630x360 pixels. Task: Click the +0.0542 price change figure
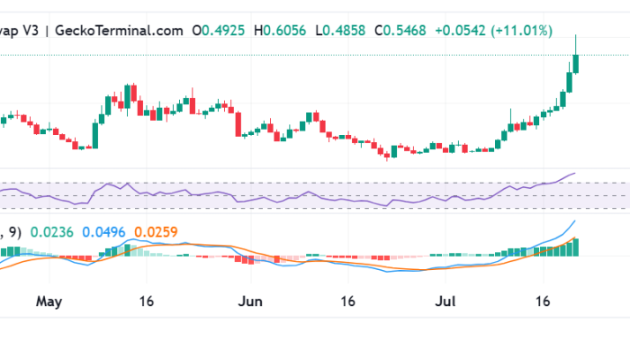point(461,30)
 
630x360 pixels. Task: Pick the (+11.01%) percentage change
point(521,30)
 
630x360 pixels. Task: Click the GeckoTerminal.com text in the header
point(118,30)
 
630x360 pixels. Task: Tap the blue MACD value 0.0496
point(105,232)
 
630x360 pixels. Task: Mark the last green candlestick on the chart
point(576,64)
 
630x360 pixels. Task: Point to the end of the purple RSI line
point(573,173)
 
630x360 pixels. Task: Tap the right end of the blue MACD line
point(574,221)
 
